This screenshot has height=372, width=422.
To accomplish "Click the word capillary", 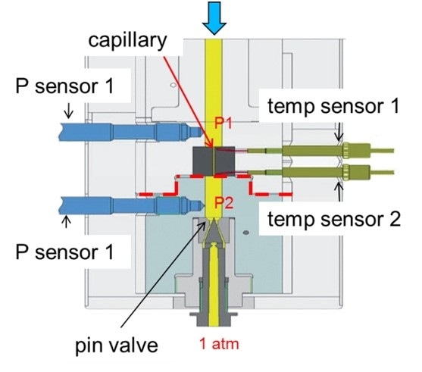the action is click(x=127, y=41).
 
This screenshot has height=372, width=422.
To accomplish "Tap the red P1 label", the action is click(x=223, y=123).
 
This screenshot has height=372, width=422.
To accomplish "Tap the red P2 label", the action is click(x=224, y=203).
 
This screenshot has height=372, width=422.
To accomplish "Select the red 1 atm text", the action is click(x=219, y=344).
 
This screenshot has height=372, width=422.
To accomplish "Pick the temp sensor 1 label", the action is click(x=333, y=105).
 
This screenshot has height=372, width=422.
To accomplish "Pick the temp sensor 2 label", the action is click(x=334, y=219).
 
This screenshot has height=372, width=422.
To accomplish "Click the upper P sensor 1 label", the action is click(x=64, y=86).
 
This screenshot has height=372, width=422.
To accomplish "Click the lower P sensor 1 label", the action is click(x=64, y=252).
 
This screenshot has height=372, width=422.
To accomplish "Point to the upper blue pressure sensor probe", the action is click(x=131, y=132).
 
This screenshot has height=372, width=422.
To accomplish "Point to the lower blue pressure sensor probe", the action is click(x=132, y=205).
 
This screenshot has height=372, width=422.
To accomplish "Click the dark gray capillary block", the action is click(x=214, y=161).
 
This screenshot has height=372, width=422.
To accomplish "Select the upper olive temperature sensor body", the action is click(x=320, y=151).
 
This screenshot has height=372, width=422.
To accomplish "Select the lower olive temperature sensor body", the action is click(x=320, y=172).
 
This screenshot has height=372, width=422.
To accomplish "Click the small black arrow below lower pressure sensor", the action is click(x=66, y=222).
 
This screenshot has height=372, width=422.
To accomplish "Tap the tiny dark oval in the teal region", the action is click(x=245, y=232).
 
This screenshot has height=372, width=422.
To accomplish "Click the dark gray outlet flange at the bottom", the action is click(x=214, y=318).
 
